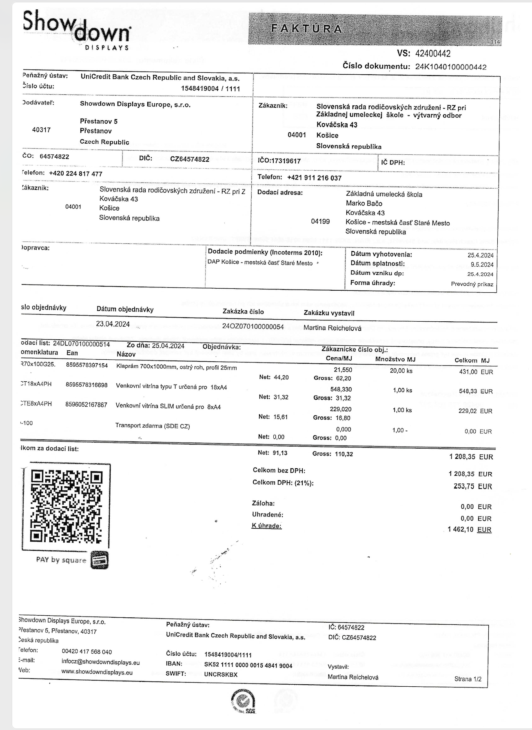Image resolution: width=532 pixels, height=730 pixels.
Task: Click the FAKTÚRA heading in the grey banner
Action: pos(307,29)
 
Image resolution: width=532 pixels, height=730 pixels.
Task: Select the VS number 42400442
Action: pos(432,53)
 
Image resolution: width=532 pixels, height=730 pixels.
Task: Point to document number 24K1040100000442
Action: pos(450,67)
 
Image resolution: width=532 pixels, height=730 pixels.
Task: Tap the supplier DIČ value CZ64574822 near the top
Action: pos(190,159)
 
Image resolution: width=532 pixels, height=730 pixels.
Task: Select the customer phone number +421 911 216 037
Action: pos(314,178)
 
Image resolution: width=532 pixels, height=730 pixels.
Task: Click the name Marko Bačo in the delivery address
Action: pos(364,203)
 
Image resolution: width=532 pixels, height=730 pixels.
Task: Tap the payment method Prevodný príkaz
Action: pos(472,284)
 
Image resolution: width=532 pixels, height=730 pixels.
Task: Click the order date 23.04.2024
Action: pos(113,324)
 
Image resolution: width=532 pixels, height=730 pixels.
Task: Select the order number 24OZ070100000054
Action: pos(253,326)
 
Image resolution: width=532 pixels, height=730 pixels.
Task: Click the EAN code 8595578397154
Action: pos(87,365)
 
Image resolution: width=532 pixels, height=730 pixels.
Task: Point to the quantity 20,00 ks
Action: pos(401,371)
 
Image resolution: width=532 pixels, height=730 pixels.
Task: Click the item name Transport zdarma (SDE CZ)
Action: pos(153,426)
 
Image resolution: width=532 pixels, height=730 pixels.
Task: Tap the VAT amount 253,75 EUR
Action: pos(472,486)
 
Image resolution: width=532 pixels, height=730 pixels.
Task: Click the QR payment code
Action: pos(66,507)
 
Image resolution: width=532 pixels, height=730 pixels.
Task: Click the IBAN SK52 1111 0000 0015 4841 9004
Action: pos(248,665)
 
